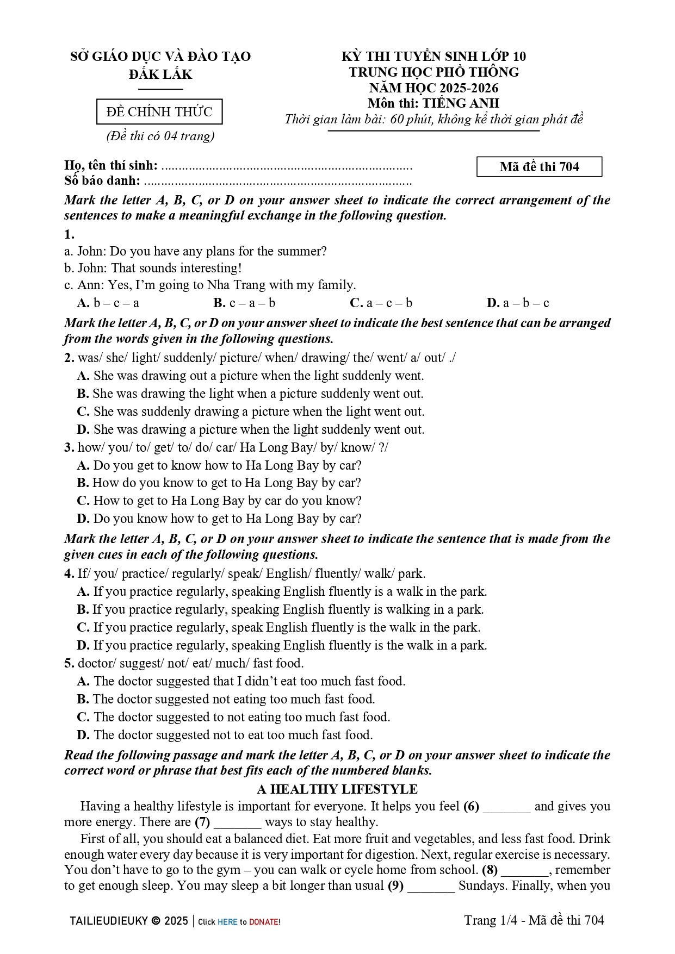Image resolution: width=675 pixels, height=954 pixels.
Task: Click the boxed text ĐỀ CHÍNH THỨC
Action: [x=159, y=112]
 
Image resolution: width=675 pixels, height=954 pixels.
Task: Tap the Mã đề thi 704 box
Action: [x=539, y=167]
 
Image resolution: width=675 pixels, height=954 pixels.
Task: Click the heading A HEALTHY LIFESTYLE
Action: [x=337, y=789]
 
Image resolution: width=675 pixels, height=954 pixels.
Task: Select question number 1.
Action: [x=69, y=235]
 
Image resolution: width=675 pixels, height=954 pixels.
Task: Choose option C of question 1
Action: [x=381, y=303]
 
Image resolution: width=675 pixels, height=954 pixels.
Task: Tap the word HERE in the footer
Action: [x=227, y=922]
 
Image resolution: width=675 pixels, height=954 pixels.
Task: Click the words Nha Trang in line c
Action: [x=233, y=285]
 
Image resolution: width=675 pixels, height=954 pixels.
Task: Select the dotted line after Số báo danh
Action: [x=277, y=182]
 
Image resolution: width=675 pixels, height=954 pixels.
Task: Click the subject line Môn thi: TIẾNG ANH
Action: [x=433, y=103]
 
